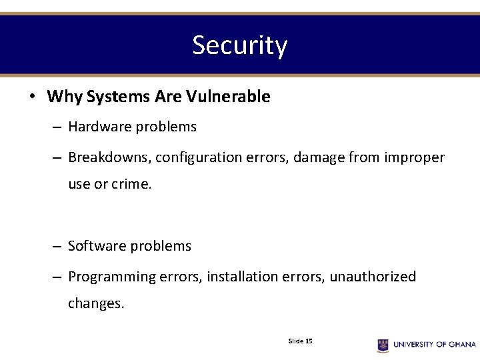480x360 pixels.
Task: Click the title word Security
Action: coord(239,45)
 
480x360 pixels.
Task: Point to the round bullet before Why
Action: coord(32,97)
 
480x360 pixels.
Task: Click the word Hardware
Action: coord(98,127)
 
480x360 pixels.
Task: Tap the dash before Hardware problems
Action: coord(58,127)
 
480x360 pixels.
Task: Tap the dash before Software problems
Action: coord(58,247)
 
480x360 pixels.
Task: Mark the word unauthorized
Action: coord(373,277)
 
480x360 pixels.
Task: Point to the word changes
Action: coord(96,303)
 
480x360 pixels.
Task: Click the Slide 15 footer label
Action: coord(300,341)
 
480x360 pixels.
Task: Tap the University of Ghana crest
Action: coord(383,345)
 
